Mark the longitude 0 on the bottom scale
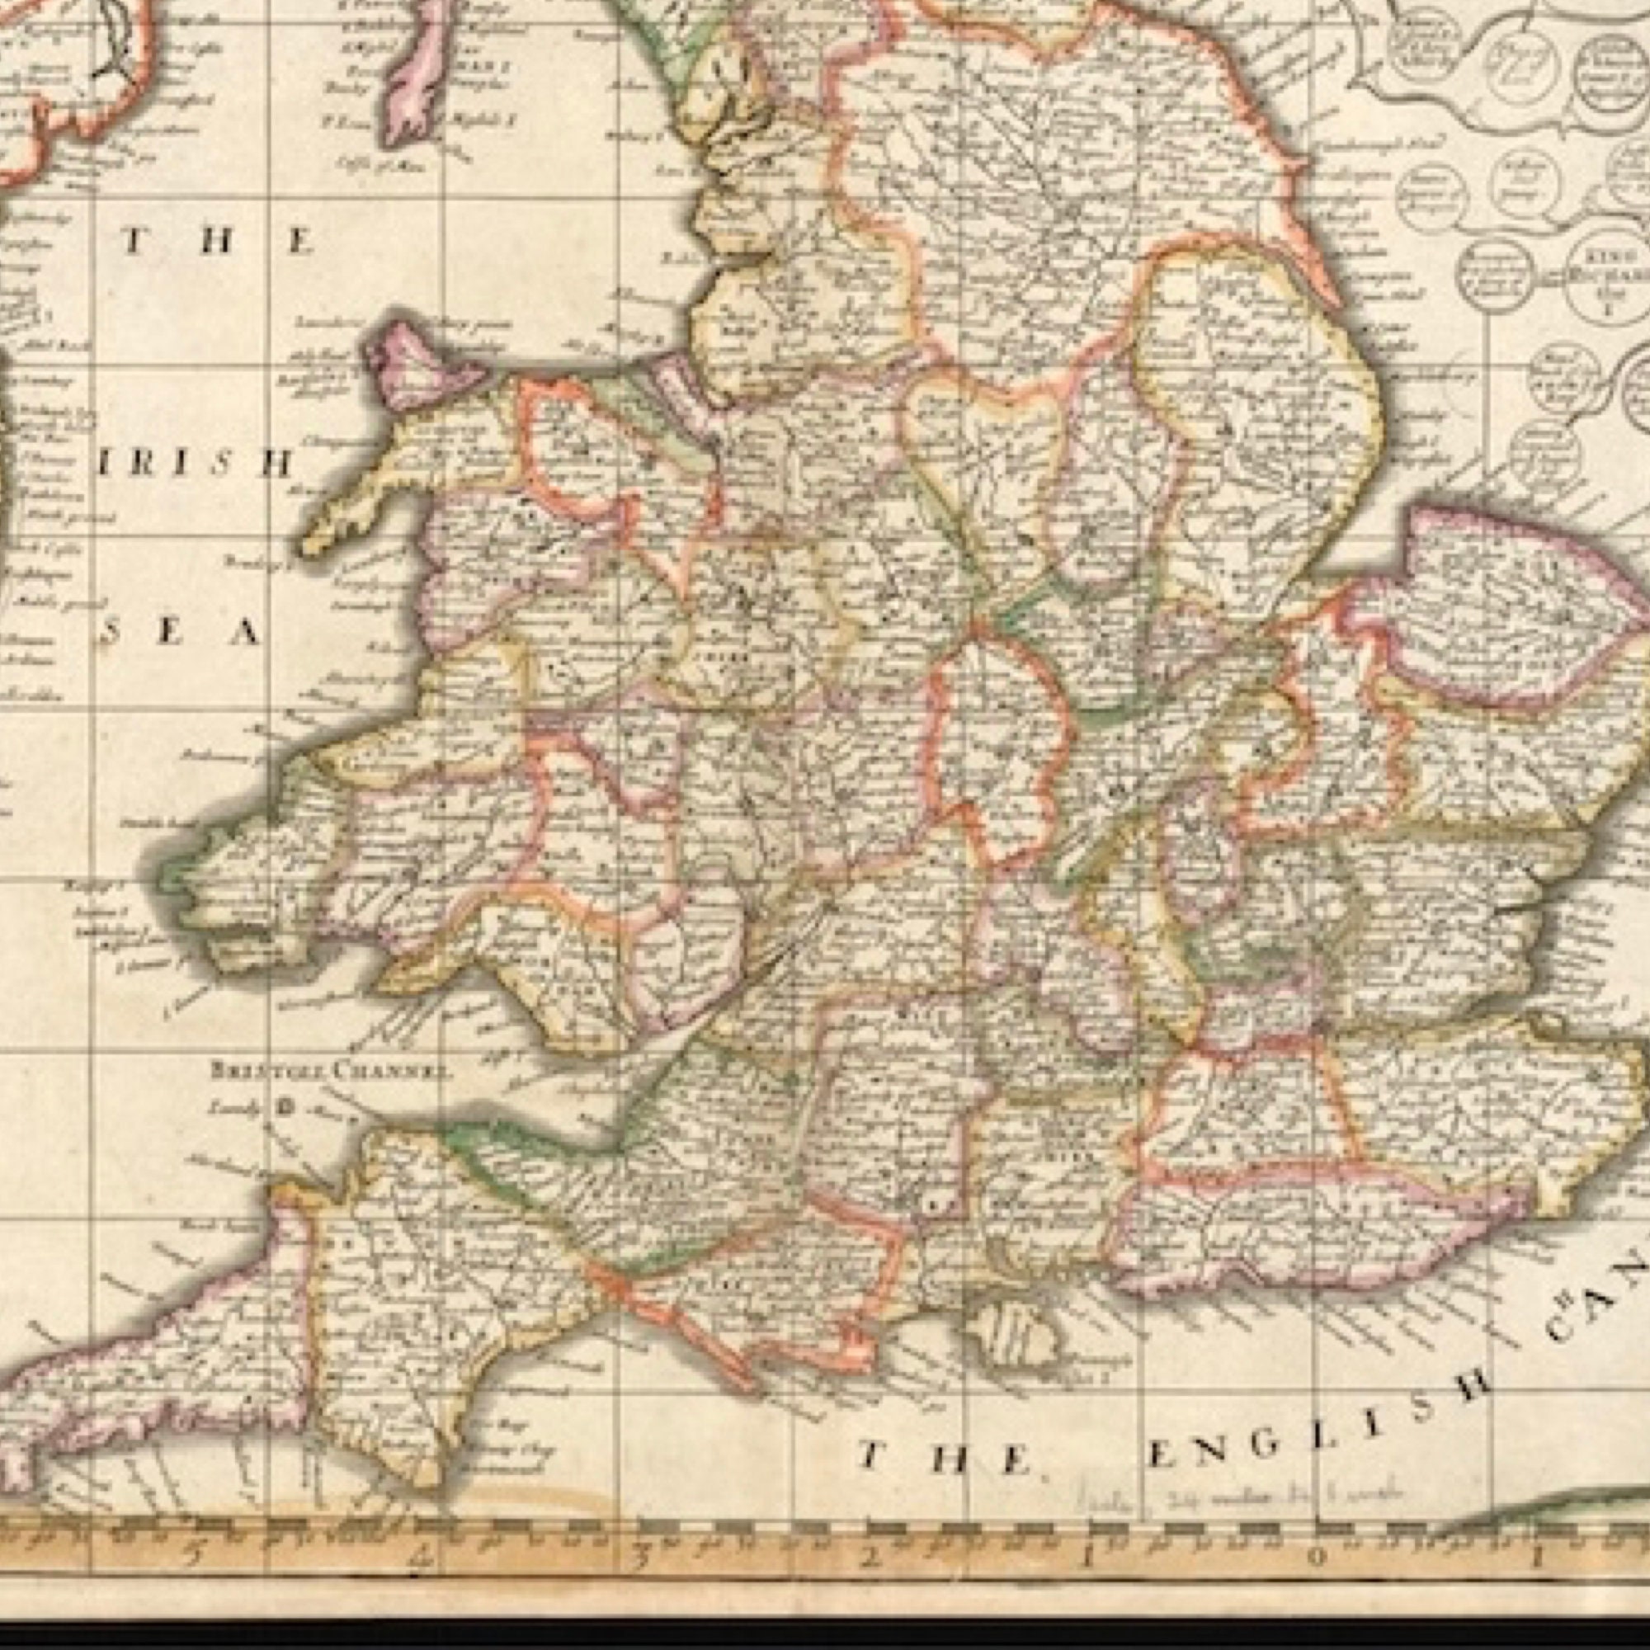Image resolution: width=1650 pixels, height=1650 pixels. click(x=1317, y=1556)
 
